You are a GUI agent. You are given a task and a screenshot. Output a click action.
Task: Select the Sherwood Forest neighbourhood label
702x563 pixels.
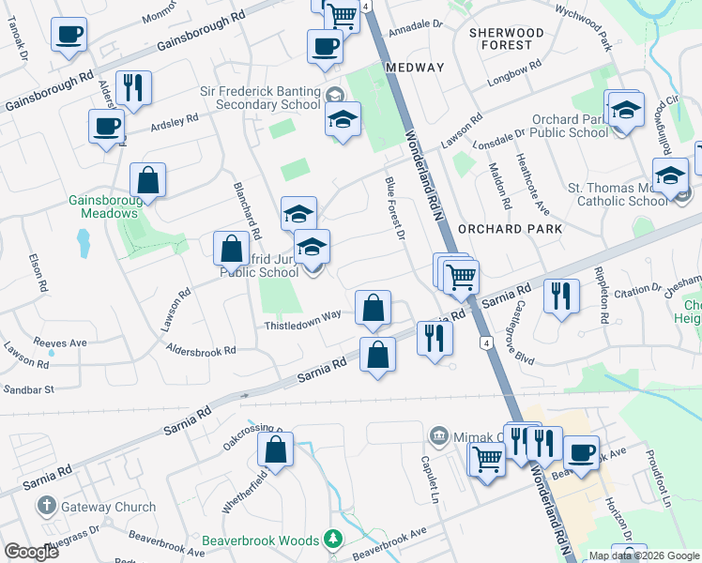coord(506,38)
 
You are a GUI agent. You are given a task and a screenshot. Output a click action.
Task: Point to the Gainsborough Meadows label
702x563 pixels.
coord(103,206)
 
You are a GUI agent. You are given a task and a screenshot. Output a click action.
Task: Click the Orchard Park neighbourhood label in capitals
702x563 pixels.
coord(510,229)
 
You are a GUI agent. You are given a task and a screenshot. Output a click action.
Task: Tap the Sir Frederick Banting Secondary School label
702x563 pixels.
coord(260,98)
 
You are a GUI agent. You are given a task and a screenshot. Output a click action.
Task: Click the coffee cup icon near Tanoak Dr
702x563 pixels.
coord(69,37)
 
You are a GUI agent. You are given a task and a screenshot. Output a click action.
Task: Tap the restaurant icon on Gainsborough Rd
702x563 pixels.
coord(133,89)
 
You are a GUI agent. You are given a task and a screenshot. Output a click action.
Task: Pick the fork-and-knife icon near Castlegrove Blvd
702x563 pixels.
coord(561,297)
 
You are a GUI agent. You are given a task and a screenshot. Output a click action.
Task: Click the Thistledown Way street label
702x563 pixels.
coord(302,317)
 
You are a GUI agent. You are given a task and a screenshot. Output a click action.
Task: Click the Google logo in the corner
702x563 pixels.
coord(31,552)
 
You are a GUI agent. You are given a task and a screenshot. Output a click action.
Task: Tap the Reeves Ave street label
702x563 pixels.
coord(59,342)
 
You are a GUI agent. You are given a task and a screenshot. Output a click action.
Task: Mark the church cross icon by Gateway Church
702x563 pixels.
coord(46,508)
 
